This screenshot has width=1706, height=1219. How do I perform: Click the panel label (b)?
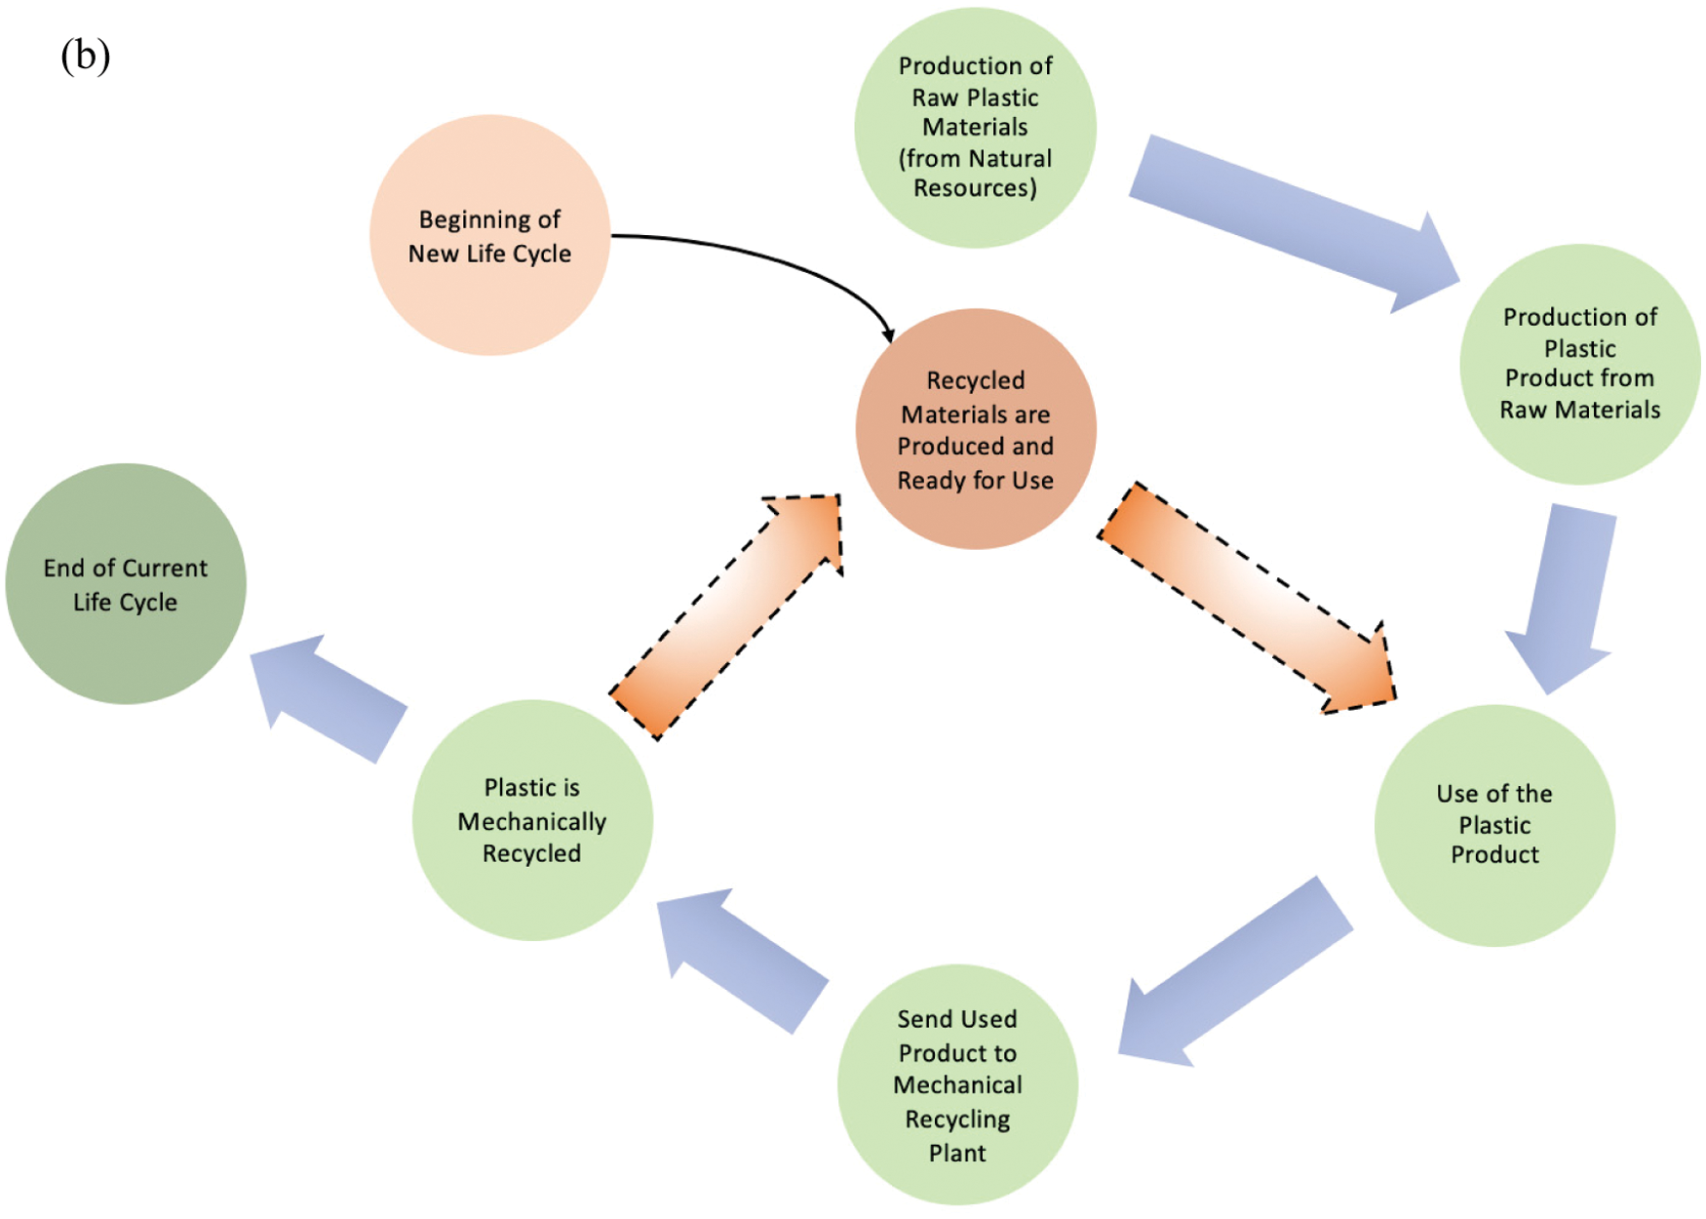85,56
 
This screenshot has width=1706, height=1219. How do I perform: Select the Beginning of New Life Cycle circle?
489,235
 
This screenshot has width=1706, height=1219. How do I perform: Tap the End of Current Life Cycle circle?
126,583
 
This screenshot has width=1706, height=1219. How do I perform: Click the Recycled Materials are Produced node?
975,429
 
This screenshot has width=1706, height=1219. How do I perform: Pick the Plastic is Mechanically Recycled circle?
532,820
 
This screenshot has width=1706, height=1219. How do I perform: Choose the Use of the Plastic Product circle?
1493,825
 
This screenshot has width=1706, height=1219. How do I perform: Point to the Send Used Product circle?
957,1084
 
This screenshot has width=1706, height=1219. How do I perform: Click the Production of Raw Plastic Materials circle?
975,127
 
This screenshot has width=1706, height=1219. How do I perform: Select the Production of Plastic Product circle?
1579,364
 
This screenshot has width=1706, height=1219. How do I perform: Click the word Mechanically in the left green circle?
532,821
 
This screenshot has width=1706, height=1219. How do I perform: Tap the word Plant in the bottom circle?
957,1153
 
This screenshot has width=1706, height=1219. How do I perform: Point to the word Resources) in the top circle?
975,187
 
